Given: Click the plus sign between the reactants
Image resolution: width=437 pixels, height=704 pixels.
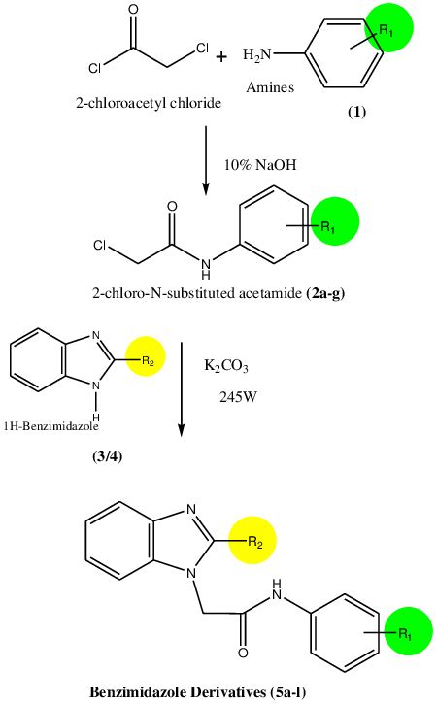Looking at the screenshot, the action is pos(221,57).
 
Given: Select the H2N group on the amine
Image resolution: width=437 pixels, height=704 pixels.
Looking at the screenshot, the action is pos(257,55).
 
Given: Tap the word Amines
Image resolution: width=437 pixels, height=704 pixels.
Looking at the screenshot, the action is pos(270,87).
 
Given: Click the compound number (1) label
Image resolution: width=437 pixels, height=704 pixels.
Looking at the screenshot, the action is pos(357,112).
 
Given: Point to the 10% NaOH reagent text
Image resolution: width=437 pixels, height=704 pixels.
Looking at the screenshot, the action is pos(260,165).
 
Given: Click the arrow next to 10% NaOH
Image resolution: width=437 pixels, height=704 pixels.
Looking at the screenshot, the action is pos(206,161).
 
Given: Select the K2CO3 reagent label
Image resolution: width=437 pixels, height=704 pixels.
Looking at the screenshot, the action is pos(226,366).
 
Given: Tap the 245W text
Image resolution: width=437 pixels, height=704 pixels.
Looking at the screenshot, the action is pos(238,397).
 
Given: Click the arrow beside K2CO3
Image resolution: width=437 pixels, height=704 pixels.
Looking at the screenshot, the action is pos(181,388).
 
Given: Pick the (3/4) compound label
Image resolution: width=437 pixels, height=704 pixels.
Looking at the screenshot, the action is pos(108,456).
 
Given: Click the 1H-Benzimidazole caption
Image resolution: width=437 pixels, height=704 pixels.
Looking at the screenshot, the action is pos(50,425).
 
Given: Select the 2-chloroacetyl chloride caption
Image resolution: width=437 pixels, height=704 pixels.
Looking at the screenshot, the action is pos(149,103).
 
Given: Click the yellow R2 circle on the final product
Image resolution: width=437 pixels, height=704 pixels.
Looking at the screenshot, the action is pos(252,540).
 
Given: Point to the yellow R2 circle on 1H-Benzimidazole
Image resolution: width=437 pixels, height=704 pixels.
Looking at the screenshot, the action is pos(145,356).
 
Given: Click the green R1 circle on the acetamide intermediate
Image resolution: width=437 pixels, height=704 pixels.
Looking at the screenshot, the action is pos(335,220).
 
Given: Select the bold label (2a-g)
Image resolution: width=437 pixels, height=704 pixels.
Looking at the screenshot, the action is pos(325,293).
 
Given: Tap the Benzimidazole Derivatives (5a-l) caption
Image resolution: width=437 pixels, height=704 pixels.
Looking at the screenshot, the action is pos(198,692).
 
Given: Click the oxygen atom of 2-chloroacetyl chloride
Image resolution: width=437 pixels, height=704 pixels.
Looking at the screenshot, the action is pos(133,9).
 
